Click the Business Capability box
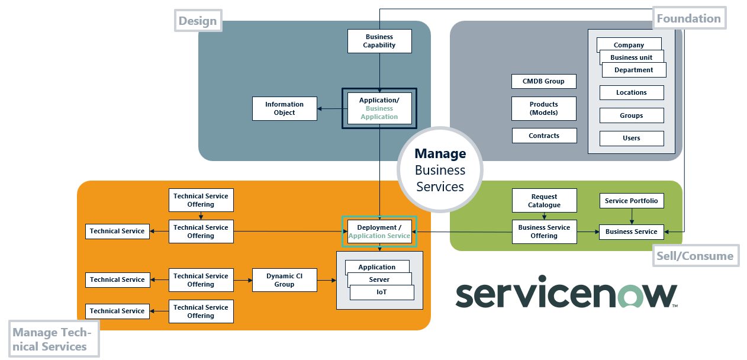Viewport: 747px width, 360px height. tap(379, 41)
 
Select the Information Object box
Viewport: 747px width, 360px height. tap(284, 108)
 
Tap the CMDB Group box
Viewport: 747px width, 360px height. tap(543, 81)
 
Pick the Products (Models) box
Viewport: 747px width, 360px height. tap(543, 108)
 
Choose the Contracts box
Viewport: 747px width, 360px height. tap(543, 136)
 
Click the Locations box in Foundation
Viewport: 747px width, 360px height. tap(631, 92)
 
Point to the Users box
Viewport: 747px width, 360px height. tap(631, 138)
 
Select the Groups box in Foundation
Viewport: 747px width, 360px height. tap(631, 115)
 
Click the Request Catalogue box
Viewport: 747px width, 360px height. tap(543, 201)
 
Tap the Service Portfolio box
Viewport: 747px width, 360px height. tap(631, 201)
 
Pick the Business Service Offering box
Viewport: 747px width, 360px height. tap(543, 232)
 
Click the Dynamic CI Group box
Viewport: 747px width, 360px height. tap(284, 280)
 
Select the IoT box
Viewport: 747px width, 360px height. tap(381, 292)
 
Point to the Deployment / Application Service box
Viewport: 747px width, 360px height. tap(379, 232)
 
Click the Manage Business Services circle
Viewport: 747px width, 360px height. tap(440, 170)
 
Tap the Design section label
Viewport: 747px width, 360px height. tap(198, 21)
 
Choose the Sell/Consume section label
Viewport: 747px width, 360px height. tap(695, 256)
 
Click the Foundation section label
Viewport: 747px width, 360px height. tap(688, 18)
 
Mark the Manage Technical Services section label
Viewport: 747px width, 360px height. tap(53, 339)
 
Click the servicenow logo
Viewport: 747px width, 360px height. tap(566, 295)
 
